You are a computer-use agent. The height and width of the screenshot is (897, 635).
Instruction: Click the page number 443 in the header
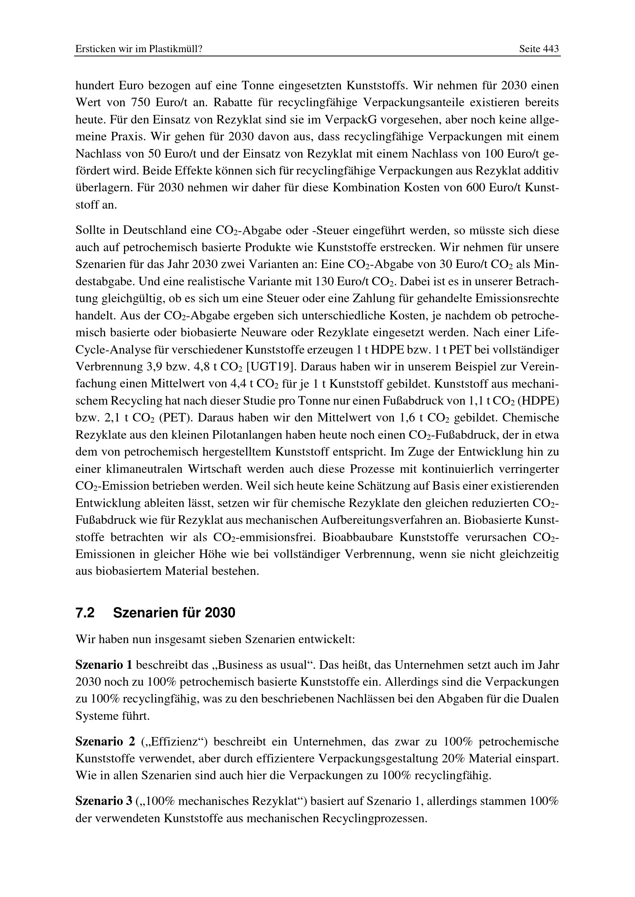point(551,49)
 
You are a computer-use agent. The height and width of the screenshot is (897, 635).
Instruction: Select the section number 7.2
point(85,613)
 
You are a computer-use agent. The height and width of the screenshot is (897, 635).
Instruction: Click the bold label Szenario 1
point(104,665)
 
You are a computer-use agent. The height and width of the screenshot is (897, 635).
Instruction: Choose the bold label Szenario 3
point(104,801)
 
